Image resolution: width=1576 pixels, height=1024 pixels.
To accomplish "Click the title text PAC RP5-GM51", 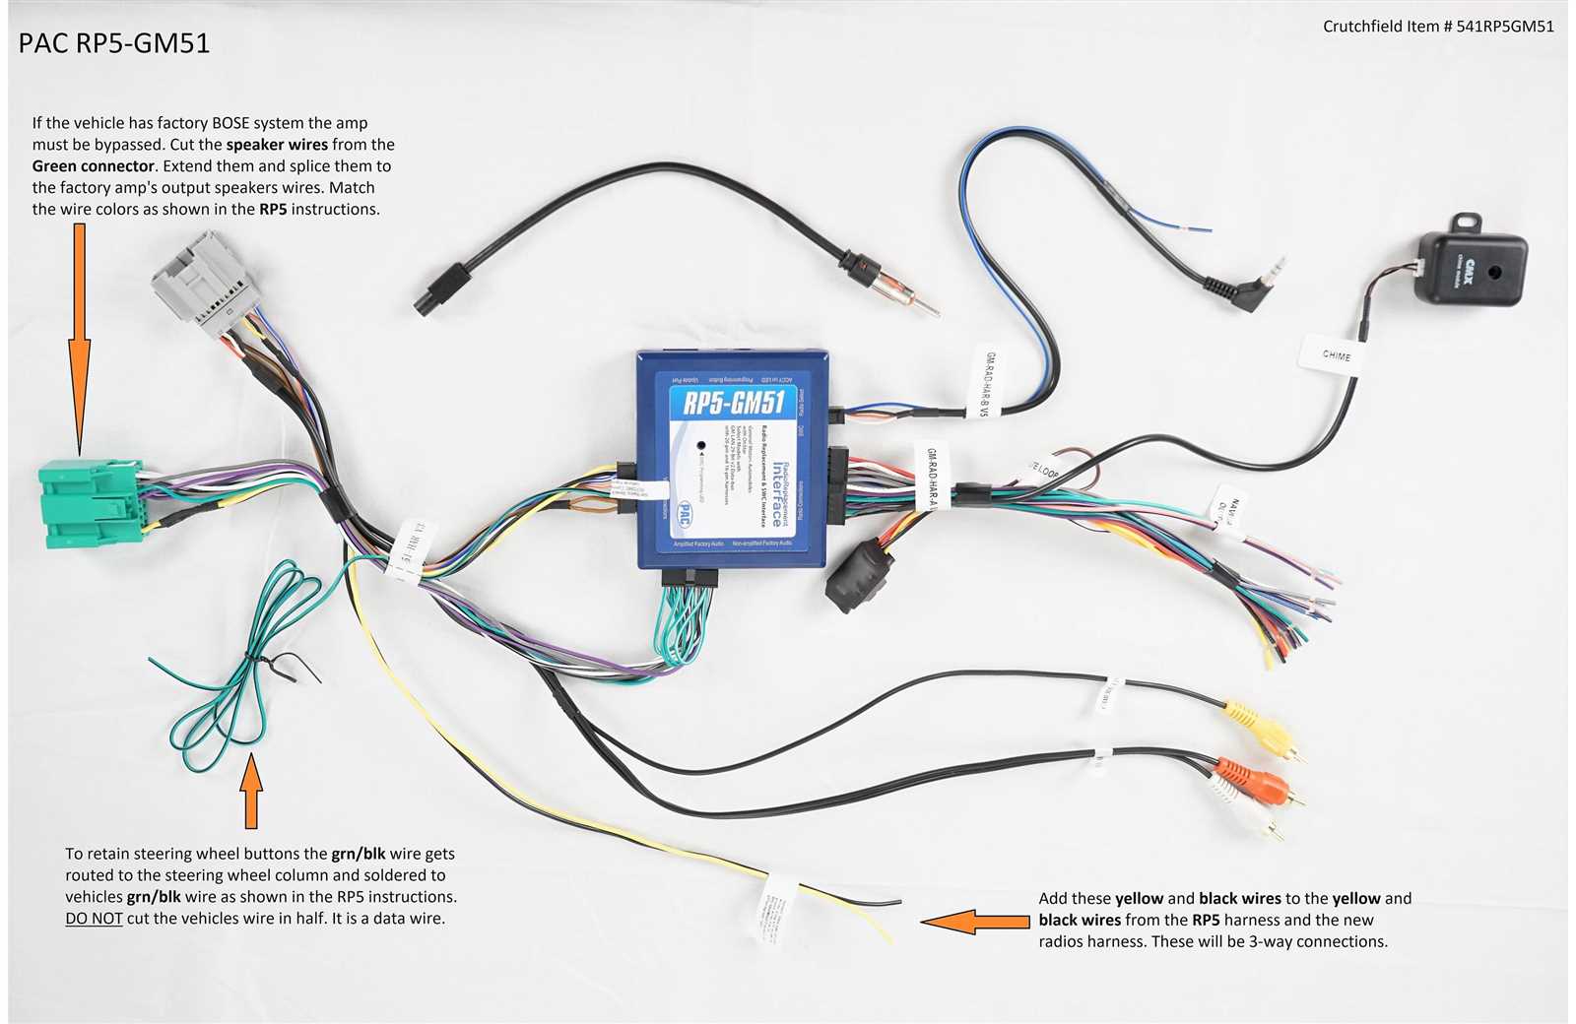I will coord(114,43).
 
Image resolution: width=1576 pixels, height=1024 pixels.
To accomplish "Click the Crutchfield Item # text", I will coord(1438,27).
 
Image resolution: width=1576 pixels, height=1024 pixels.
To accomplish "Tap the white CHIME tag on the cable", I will coord(1336,355).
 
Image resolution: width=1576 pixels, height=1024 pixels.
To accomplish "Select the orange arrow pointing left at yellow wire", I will coord(975,922).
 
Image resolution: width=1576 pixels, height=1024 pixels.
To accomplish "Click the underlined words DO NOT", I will coord(94,919).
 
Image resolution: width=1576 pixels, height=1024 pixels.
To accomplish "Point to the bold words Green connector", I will coord(94,166).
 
